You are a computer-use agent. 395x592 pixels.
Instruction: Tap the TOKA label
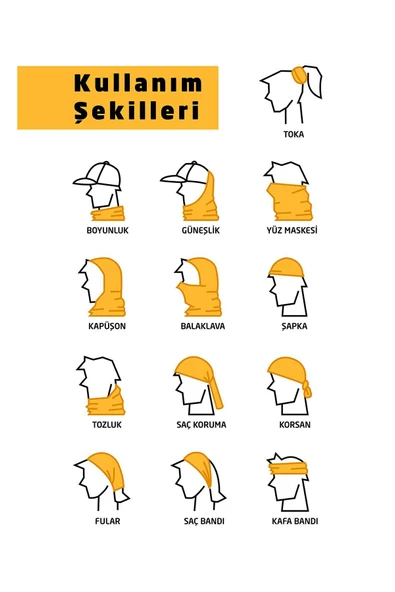pyautogui.click(x=293, y=133)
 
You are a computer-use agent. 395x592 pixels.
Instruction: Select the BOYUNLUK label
pyautogui.click(x=107, y=231)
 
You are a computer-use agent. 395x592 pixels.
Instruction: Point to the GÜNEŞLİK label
pyautogui.click(x=200, y=231)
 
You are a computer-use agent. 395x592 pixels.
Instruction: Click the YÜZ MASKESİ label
pyautogui.click(x=294, y=231)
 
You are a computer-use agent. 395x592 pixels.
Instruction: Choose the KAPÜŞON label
pyautogui.click(x=106, y=326)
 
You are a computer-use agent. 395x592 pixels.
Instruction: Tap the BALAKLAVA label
pyautogui.click(x=200, y=326)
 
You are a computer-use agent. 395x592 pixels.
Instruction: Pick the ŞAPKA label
pyautogui.click(x=294, y=326)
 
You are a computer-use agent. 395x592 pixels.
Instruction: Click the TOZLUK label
pyautogui.click(x=106, y=425)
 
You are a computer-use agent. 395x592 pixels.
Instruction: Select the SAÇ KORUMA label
pyautogui.click(x=200, y=425)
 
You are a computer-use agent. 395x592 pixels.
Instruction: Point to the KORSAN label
pyautogui.click(x=294, y=425)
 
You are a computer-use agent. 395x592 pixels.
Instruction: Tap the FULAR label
pyautogui.click(x=106, y=521)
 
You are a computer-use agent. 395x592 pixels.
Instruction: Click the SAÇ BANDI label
pyautogui.click(x=200, y=521)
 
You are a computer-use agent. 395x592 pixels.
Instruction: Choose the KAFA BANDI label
pyautogui.click(x=294, y=521)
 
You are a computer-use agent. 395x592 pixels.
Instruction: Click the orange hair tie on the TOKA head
pyautogui.click(x=299, y=74)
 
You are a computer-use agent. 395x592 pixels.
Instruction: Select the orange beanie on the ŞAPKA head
pyautogui.click(x=288, y=268)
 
